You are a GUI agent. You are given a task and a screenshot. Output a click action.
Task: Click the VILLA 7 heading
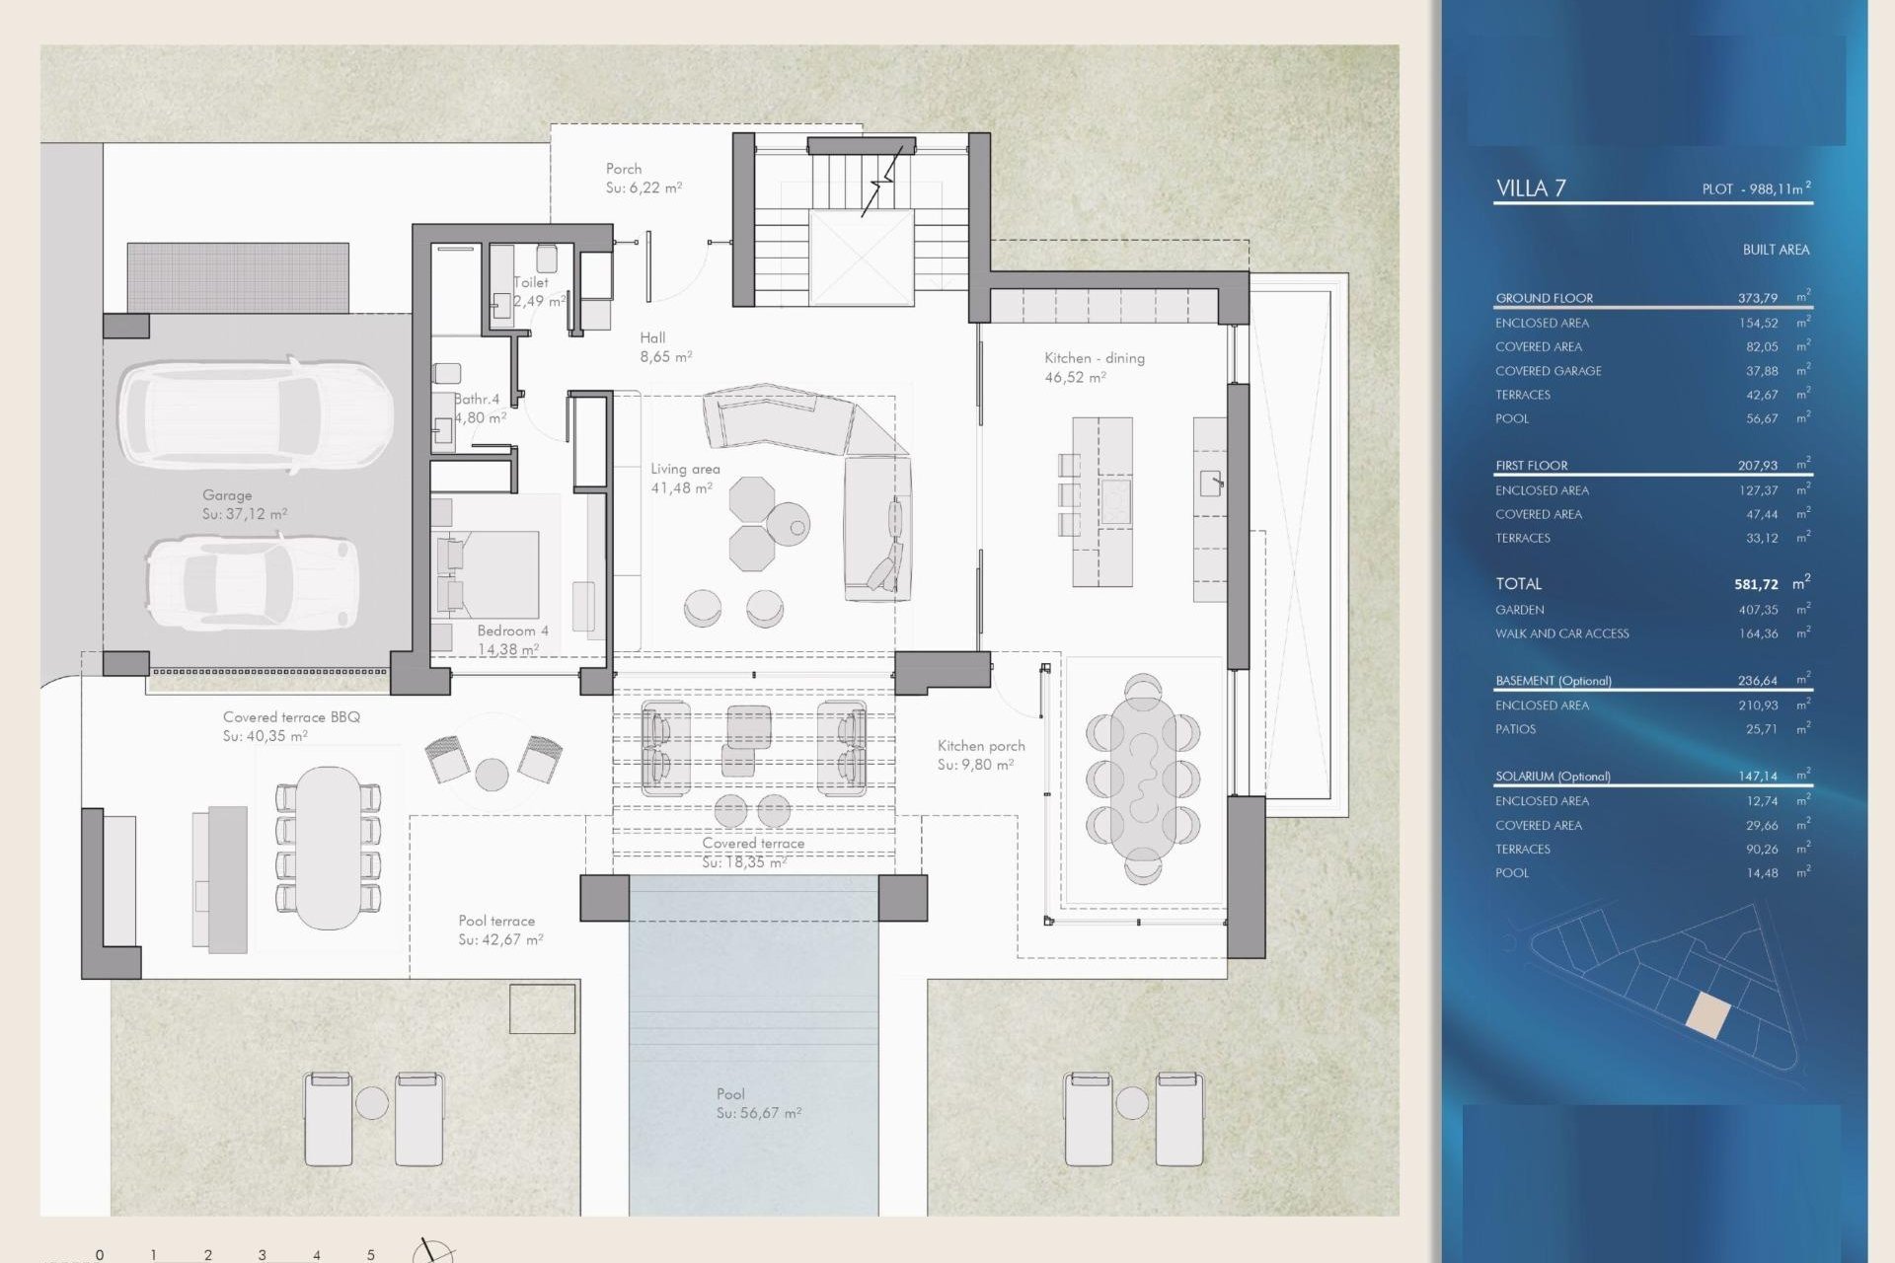[x=1531, y=188]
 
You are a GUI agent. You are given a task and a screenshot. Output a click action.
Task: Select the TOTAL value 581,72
[x=1756, y=584]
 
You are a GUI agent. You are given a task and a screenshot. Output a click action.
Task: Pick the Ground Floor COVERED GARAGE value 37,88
[x=1762, y=371]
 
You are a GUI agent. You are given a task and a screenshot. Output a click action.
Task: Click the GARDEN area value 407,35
[x=1758, y=610]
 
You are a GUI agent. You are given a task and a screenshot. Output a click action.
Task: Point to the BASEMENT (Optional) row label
[x=1553, y=681]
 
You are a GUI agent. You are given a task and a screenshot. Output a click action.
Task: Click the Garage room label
[x=227, y=495]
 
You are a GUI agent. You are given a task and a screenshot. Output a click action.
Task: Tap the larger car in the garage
[x=257, y=414]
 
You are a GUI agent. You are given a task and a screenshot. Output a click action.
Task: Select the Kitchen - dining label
[x=1094, y=358]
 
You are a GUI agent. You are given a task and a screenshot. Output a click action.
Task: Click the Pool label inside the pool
[x=730, y=1093]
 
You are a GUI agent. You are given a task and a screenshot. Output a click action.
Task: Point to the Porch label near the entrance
[x=624, y=169]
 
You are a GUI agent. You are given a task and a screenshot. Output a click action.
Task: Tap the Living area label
[x=685, y=470]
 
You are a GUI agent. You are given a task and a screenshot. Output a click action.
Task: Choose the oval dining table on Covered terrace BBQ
[x=328, y=848]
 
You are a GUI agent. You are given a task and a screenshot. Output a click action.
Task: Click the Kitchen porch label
[x=981, y=746]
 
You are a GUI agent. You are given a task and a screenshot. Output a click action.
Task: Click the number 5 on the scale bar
[x=371, y=1255]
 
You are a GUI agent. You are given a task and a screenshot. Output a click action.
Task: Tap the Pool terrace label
[x=496, y=921]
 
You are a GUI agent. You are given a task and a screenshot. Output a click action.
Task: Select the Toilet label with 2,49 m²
[x=531, y=282]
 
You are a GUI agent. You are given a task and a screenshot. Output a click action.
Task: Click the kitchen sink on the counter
[x=1211, y=483]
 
